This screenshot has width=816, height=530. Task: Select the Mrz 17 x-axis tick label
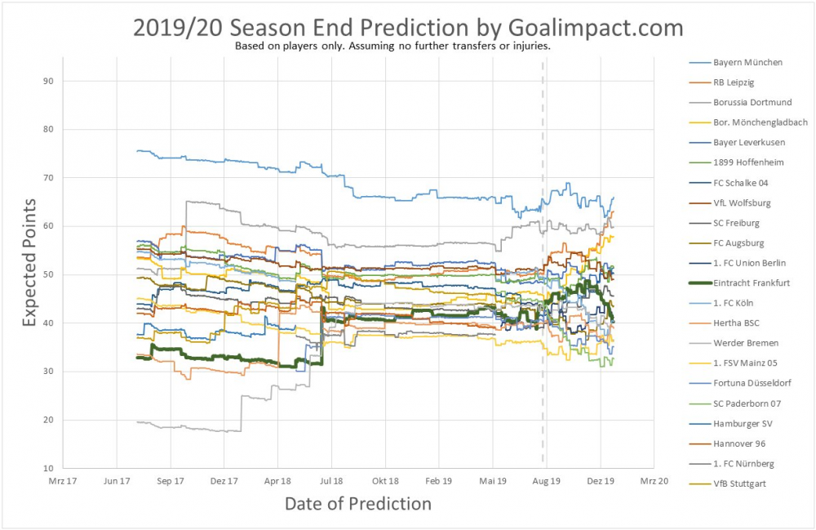62,482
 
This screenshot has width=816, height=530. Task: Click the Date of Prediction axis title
357,504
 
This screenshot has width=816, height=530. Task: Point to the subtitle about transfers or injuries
392,47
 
